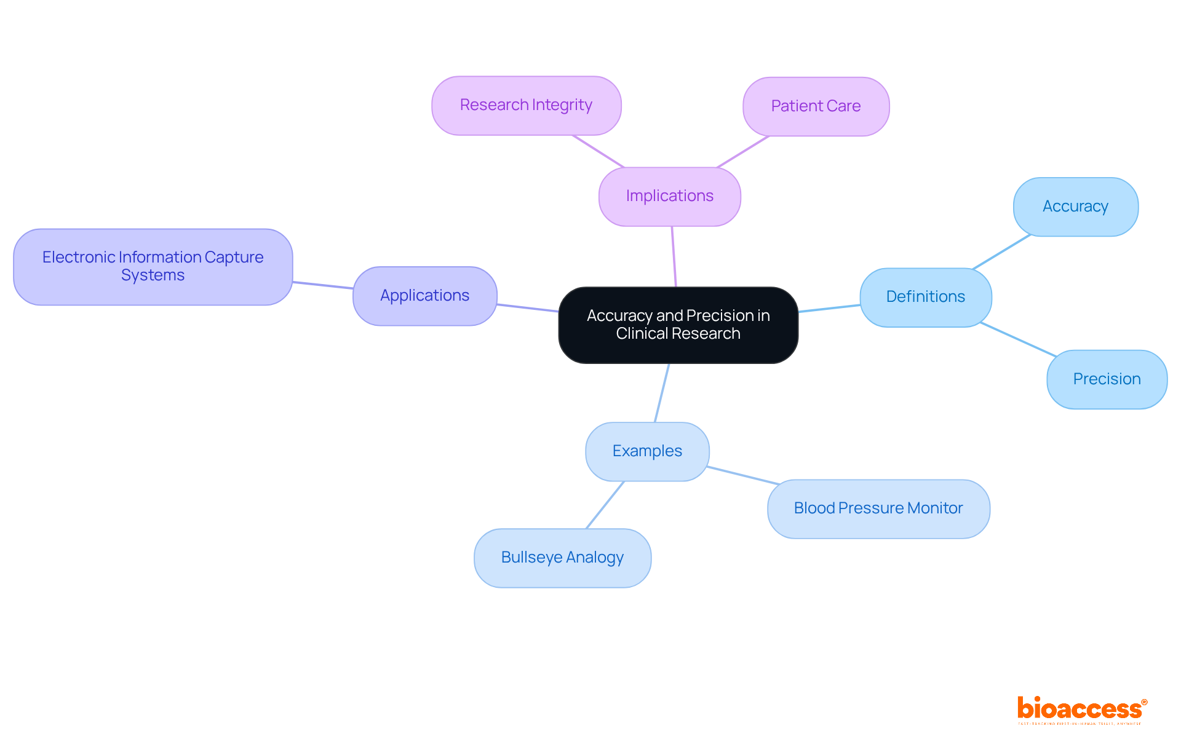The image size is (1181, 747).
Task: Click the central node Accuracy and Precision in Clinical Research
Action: (678, 325)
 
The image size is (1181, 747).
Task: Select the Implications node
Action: (669, 196)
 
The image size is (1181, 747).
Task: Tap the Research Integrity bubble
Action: (526, 105)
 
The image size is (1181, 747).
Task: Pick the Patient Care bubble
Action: (816, 106)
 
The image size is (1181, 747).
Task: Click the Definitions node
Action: (925, 297)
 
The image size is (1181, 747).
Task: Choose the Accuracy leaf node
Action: (1075, 207)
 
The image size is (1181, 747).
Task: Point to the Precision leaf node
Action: (1107, 379)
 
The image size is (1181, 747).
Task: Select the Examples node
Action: (647, 451)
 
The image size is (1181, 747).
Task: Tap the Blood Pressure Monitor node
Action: (878, 508)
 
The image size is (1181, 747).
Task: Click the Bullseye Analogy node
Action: (562, 558)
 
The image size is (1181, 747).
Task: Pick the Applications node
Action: (424, 296)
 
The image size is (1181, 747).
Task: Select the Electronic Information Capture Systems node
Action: (153, 266)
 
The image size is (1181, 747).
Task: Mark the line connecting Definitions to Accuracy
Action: (1001, 252)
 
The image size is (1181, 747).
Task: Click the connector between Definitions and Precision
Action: (1019, 339)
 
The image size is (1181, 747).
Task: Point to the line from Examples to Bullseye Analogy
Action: (605, 505)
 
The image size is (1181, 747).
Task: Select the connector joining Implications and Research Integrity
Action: (598, 151)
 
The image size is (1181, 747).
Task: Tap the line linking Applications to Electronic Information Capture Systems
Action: (323, 285)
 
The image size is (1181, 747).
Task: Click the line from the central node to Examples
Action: (662, 392)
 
